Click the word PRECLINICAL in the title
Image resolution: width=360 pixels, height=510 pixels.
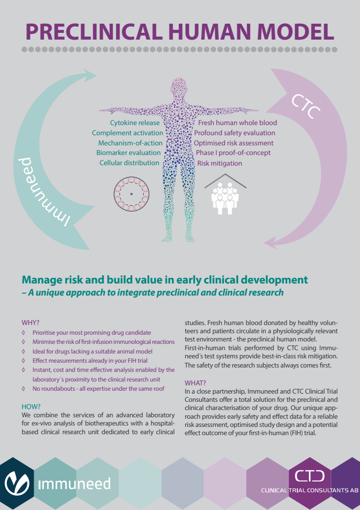point(94,31)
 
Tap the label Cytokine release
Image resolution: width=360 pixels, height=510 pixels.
point(135,123)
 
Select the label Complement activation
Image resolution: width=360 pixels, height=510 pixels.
point(127,133)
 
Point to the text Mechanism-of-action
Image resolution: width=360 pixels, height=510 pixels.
point(130,143)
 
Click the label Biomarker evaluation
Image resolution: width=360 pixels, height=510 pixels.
point(128,153)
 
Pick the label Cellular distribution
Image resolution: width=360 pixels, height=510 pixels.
point(129,163)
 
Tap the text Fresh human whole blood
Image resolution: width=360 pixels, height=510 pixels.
point(237,123)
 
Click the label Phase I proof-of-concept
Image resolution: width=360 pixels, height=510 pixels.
point(233,153)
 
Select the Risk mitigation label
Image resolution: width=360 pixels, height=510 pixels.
point(220,163)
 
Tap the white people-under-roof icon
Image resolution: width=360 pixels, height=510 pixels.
point(225,194)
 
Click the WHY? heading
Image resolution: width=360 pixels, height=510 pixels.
point(30,323)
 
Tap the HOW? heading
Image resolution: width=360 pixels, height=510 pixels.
point(31,407)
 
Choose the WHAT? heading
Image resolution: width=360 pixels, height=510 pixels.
point(195,383)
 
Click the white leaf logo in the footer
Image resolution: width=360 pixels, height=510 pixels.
point(17,483)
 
